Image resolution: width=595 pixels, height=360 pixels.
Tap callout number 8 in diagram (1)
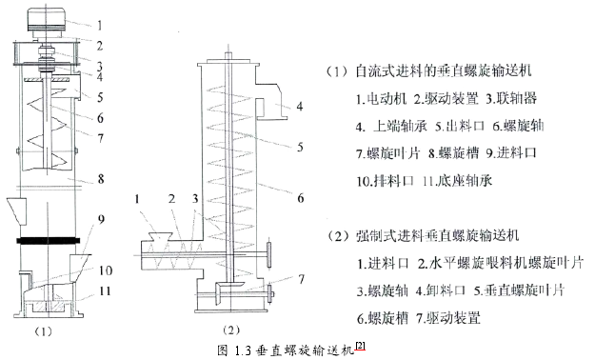[x=101, y=178]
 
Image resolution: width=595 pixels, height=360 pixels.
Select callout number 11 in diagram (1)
[x=105, y=290]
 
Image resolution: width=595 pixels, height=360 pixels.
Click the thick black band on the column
[x=49, y=240]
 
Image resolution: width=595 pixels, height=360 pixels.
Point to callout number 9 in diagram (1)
[x=101, y=219]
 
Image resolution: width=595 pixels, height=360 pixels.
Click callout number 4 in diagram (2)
[x=300, y=107]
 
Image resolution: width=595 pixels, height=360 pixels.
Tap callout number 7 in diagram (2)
[x=301, y=279]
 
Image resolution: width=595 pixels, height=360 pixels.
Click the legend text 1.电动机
[x=381, y=99]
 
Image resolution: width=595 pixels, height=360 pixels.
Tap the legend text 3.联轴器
[x=511, y=99]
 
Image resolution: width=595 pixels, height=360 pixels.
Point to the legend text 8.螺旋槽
[x=453, y=153]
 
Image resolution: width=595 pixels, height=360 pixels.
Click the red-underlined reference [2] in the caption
[x=360, y=346]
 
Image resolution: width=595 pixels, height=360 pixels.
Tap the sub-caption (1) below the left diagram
[x=43, y=331]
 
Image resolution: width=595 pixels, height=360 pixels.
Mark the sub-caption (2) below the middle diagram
[x=231, y=330]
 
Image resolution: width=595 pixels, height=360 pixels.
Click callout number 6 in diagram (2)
[x=300, y=198]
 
